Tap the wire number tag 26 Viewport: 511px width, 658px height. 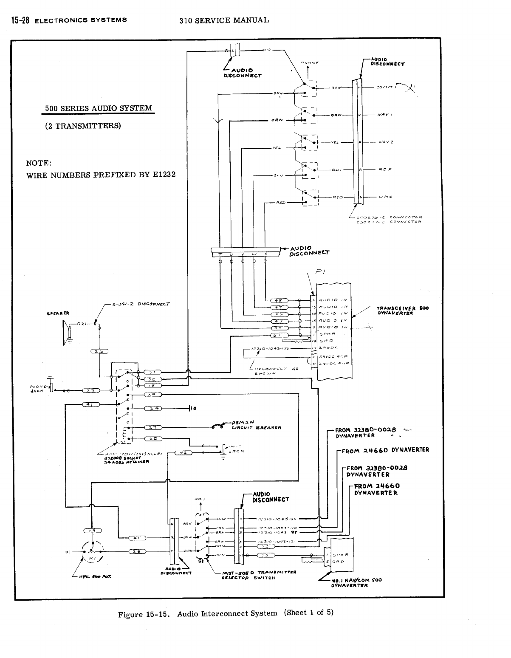coord(100,351)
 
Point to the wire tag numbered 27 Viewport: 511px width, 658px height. coord(152,427)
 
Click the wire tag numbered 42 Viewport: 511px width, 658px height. coord(183,453)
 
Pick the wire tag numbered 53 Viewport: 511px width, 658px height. coord(265,556)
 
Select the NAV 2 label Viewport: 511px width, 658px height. coord(385,142)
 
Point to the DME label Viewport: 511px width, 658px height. coord(385,197)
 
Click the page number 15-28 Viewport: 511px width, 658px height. coord(17,20)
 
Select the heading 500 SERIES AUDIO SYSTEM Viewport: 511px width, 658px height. coord(97,108)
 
